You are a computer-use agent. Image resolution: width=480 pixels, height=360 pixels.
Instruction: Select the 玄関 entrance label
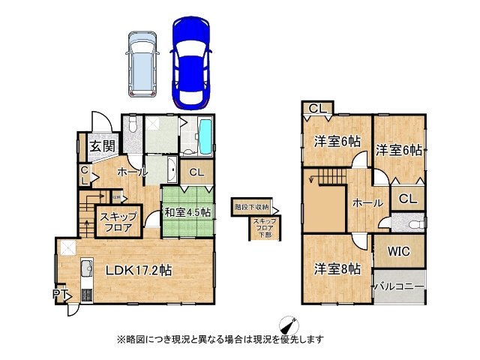[x=102, y=145]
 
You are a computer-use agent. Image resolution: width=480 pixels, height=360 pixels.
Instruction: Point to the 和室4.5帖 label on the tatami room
[x=187, y=212]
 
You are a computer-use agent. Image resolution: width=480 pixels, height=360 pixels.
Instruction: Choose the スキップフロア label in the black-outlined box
[x=116, y=222]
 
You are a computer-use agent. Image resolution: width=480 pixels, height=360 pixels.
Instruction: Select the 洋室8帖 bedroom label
[x=337, y=268]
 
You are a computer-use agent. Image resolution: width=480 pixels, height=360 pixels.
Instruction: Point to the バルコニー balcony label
[x=399, y=286]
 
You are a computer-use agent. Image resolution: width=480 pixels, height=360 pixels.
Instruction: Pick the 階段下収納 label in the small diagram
[x=251, y=207]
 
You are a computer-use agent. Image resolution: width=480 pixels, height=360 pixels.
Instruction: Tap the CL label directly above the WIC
[x=407, y=199]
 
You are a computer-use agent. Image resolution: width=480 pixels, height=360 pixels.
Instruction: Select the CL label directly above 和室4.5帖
[x=196, y=172]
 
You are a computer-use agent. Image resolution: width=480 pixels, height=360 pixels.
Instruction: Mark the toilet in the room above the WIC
[x=403, y=223]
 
